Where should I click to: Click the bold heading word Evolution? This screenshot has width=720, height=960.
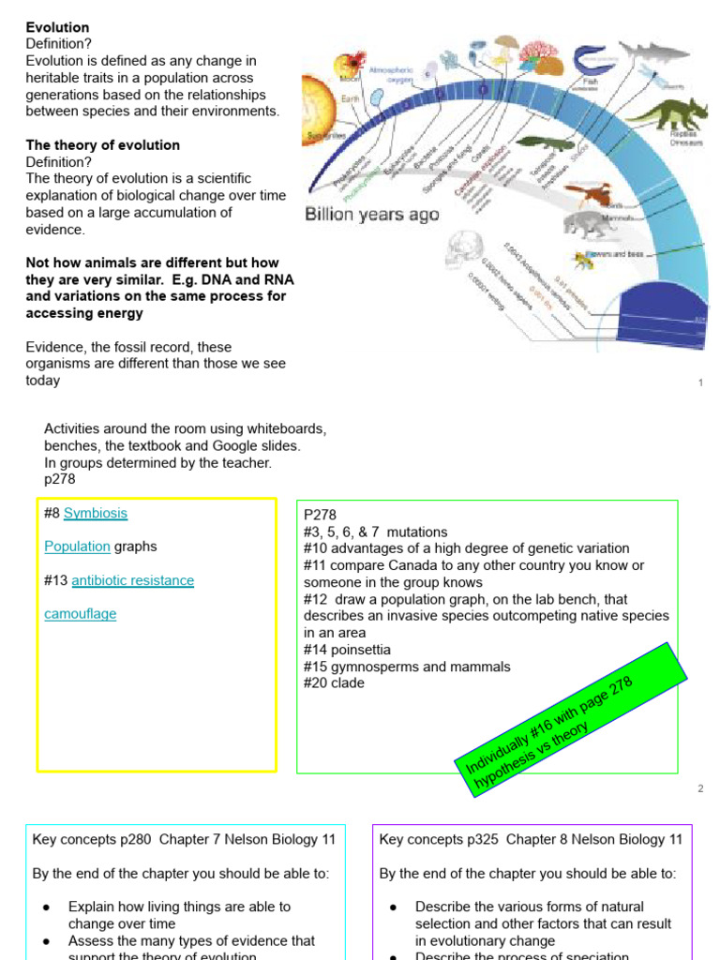pyautogui.click(x=57, y=27)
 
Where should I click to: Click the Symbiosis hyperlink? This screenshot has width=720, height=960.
pyautogui.click(x=96, y=513)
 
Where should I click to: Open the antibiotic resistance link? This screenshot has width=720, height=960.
pyautogui.click(x=132, y=580)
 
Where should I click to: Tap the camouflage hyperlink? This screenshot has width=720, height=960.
pyautogui.click(x=81, y=614)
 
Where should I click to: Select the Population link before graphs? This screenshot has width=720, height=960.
pyautogui.click(x=77, y=547)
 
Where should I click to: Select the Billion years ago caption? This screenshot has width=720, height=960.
pyautogui.click(x=372, y=214)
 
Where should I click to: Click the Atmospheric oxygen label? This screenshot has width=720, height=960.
pyautogui.click(x=397, y=75)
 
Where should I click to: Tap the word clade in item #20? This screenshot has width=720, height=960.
pyautogui.click(x=347, y=683)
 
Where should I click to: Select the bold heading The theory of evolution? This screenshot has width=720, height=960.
pyautogui.click(x=103, y=145)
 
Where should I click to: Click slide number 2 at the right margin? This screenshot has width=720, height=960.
pyautogui.click(x=699, y=788)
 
